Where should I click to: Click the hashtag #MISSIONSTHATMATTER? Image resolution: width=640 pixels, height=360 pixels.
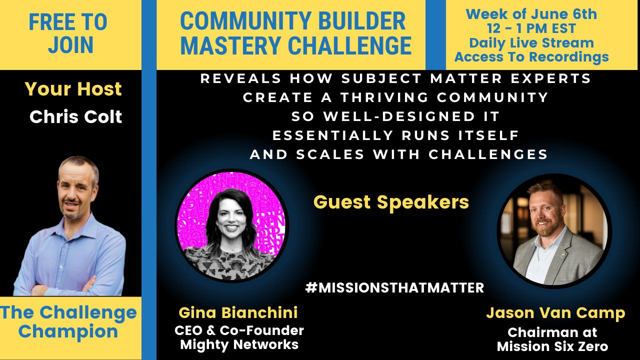pos(394,287)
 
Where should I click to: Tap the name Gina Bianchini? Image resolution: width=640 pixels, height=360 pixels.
pos(238,312)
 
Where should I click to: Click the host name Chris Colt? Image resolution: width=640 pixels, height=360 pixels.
pos(75,116)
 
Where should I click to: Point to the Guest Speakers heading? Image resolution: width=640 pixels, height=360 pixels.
pos(391,202)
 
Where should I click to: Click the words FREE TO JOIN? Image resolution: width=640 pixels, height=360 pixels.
pos(68,33)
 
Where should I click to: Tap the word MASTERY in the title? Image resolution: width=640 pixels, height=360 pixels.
pos(230,45)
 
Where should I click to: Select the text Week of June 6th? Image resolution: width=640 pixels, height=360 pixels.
pos(531,14)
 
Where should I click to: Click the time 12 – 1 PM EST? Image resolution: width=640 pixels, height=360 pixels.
pos(531,28)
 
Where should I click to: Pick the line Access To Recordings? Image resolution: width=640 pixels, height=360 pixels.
pos(531,56)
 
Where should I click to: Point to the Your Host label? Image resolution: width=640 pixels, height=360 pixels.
pos(73,89)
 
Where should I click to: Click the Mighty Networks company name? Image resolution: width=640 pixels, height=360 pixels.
pos(239,344)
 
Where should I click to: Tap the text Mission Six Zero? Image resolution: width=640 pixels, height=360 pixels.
pos(552,346)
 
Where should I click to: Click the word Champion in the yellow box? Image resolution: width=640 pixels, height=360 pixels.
pos(68,331)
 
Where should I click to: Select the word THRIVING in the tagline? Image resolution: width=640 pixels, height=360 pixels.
pos(384,97)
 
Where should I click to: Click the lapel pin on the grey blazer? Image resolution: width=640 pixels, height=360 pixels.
pos(562,253)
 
